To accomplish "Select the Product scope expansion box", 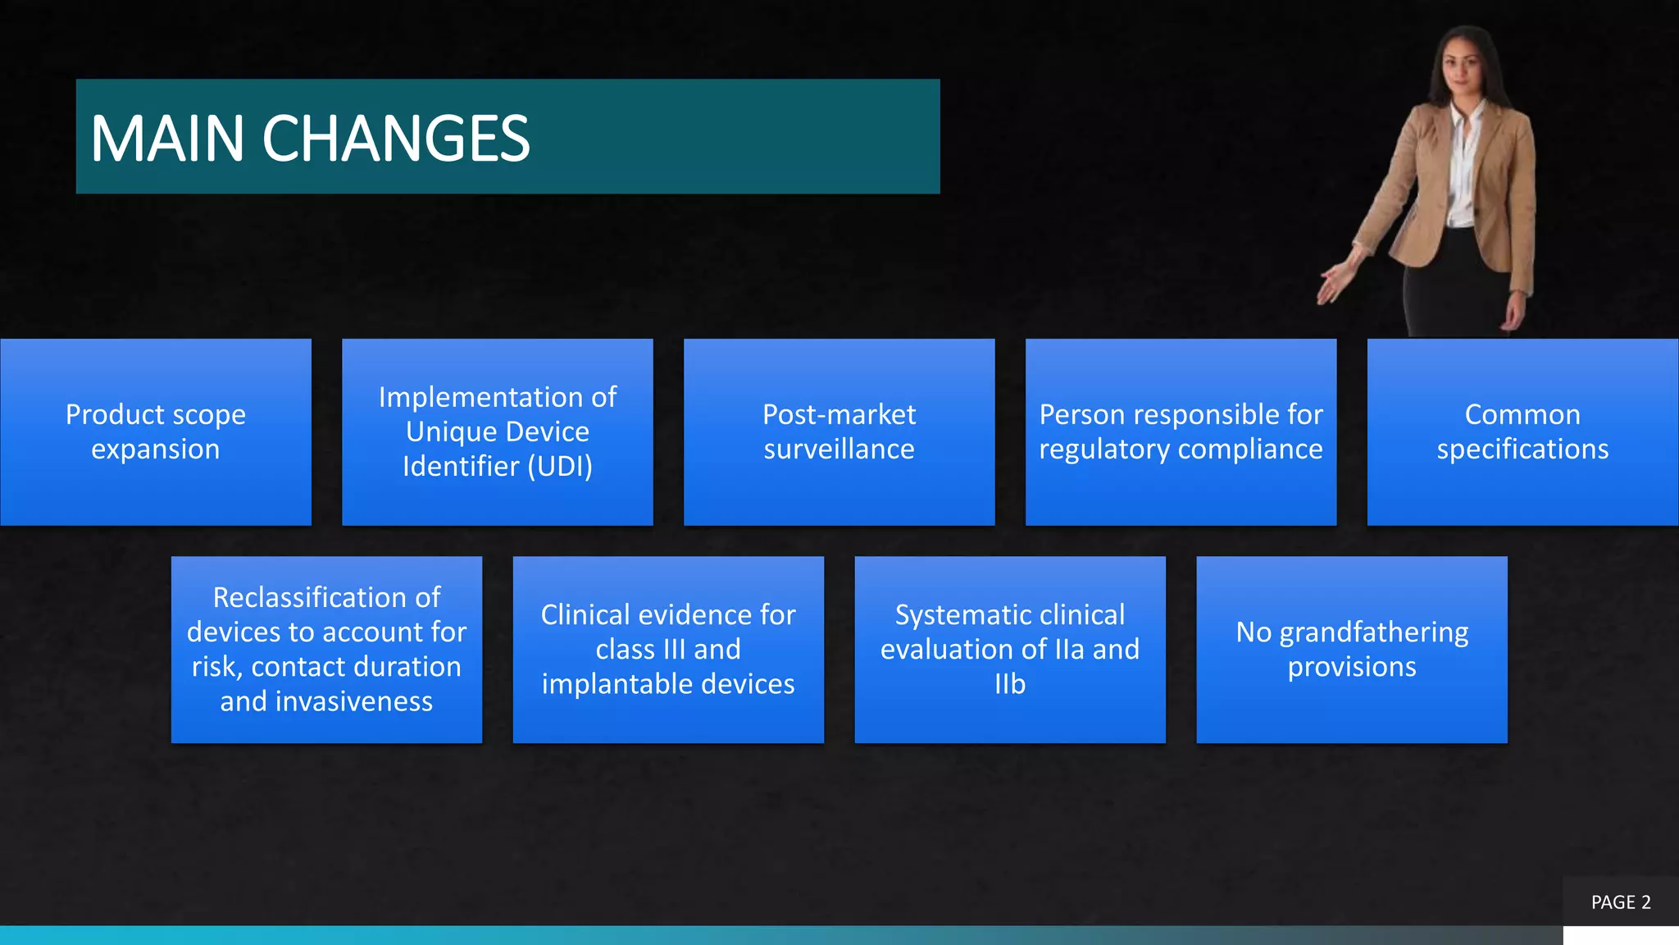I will (156, 431).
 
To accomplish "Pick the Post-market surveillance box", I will (839, 431).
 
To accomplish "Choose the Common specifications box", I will (1522, 431).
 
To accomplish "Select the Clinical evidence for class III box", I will (668, 649).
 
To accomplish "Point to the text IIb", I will (1009, 684).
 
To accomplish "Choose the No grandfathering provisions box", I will (1351, 649).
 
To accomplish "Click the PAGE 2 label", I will (1620, 902).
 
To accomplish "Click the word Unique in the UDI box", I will (447, 431).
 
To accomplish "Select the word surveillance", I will (839, 450).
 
